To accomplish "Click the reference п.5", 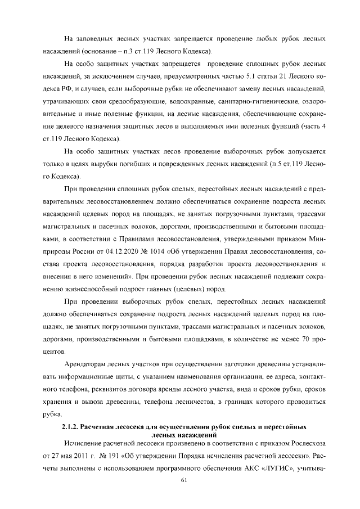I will [x=276, y=164].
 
